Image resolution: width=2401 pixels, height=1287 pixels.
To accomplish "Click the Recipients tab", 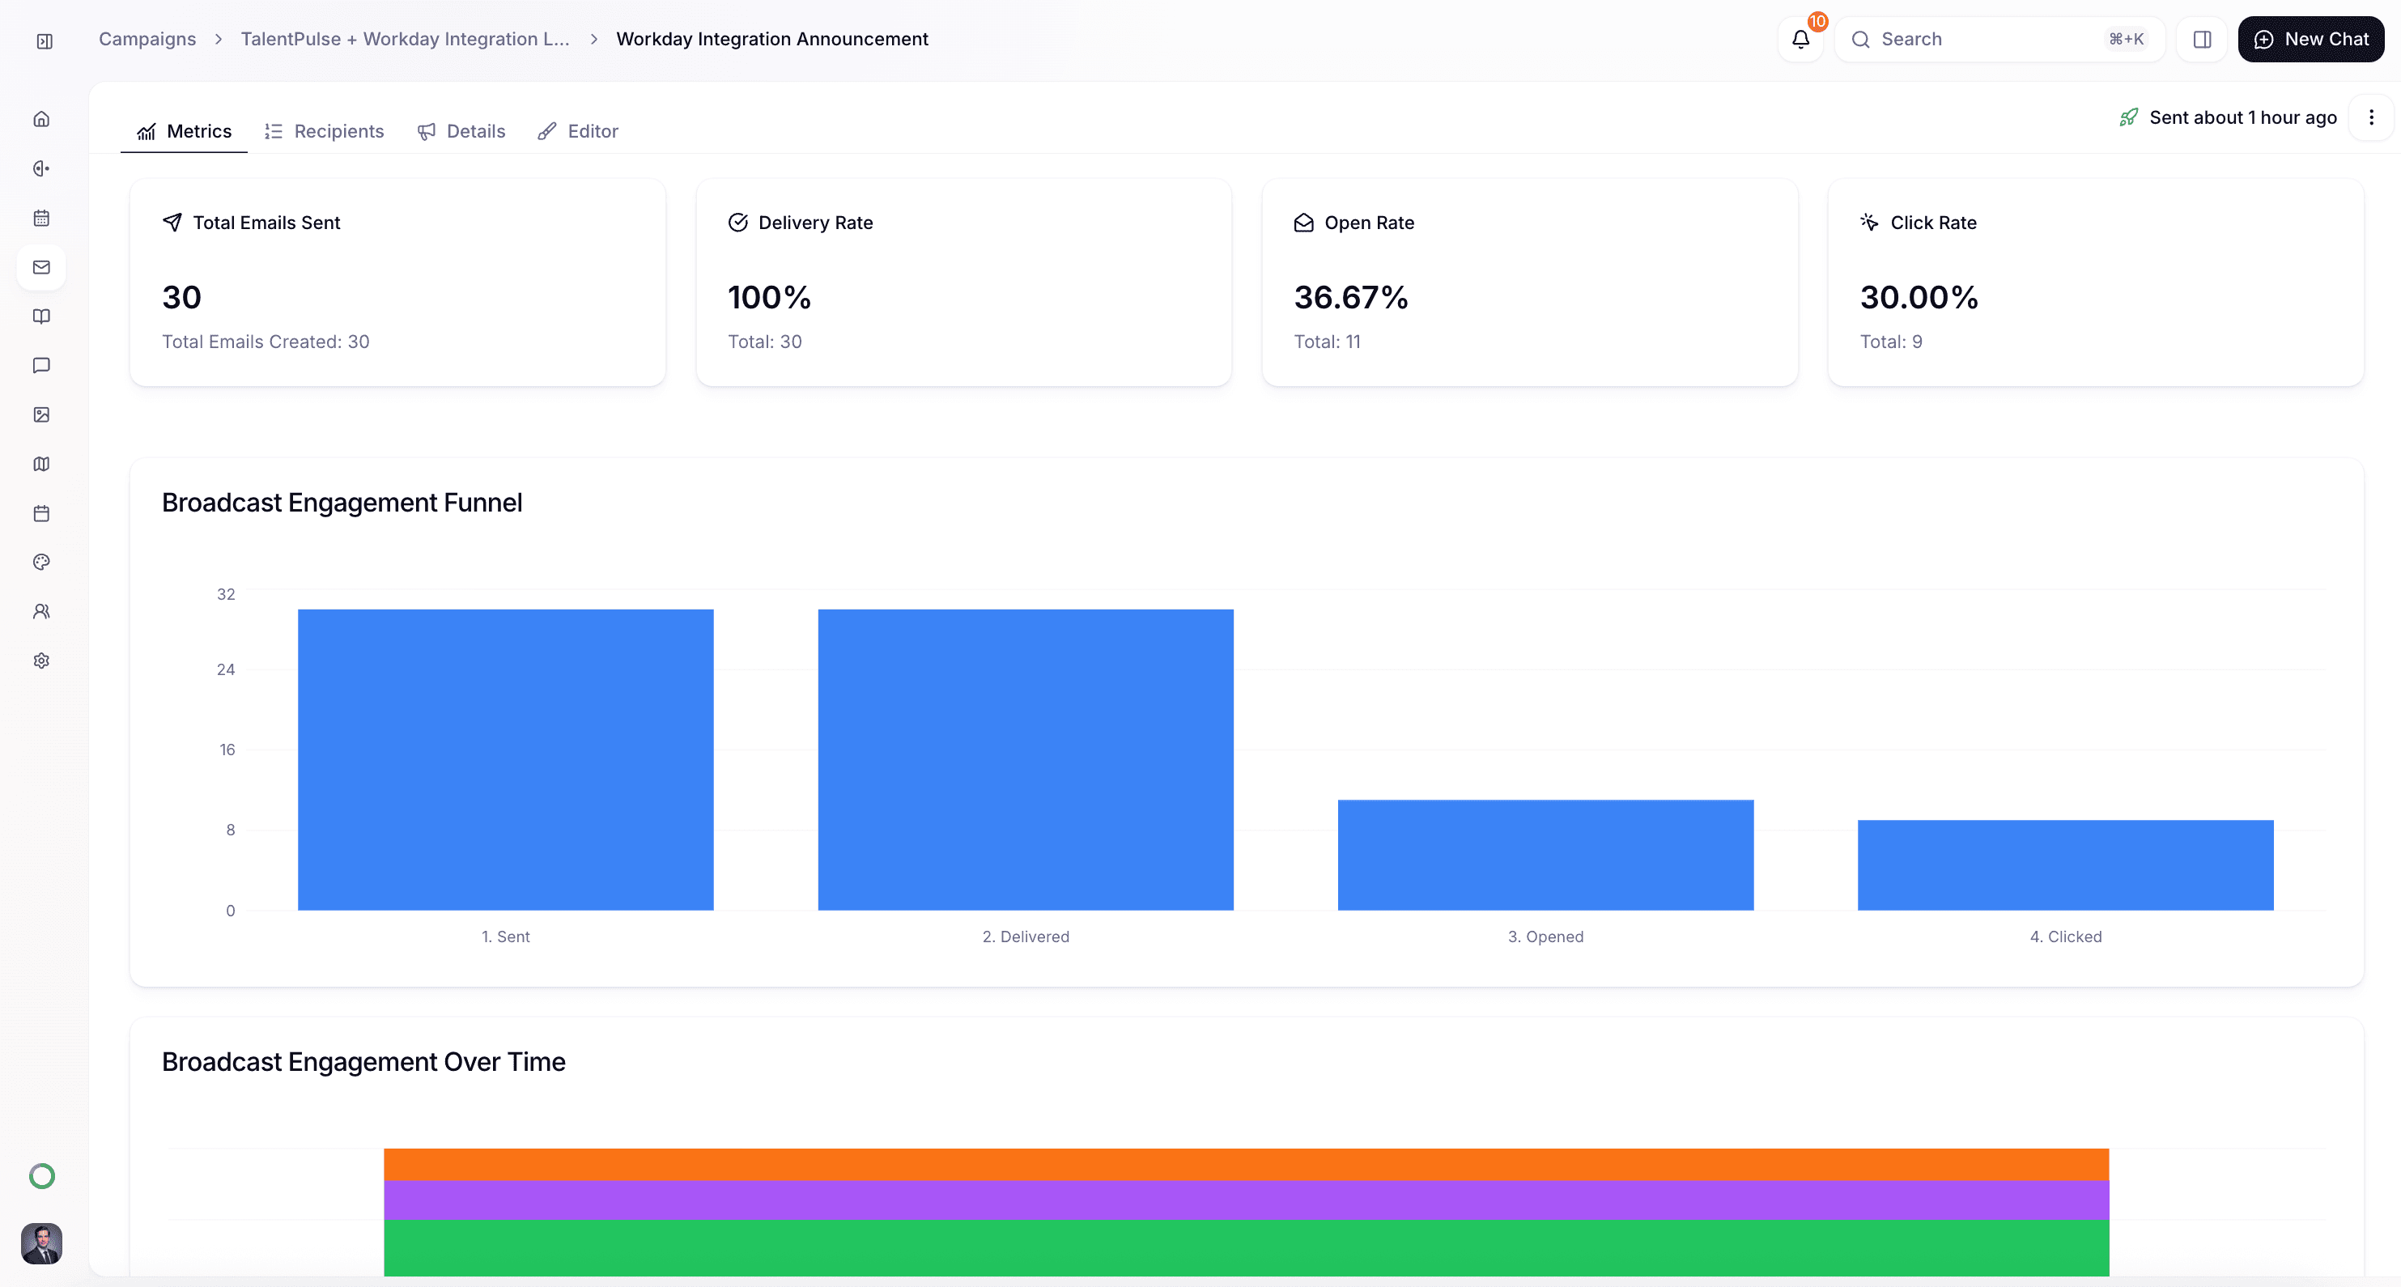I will (x=325, y=131).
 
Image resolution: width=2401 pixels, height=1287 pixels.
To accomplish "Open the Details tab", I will (x=461, y=131).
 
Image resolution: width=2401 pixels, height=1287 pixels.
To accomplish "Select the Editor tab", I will (x=578, y=131).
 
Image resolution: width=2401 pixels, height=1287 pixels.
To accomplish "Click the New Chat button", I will (x=2310, y=39).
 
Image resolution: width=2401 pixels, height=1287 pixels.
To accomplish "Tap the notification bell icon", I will (x=1800, y=39).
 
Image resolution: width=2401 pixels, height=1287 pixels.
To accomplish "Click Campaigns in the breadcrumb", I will (x=147, y=39).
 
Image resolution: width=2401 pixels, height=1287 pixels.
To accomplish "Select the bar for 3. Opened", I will (x=1545, y=855).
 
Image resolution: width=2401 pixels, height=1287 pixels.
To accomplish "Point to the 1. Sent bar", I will (x=505, y=759).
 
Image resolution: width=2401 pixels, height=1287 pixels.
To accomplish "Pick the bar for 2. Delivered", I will (x=1026, y=759).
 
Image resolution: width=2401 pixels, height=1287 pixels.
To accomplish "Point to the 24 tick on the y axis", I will (x=226, y=669).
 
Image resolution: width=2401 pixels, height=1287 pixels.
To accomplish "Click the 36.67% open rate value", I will (x=1350, y=297).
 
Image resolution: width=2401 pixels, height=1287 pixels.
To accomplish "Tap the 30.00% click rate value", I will (x=1919, y=297).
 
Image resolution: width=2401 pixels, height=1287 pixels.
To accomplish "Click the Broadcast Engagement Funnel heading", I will (x=342, y=503).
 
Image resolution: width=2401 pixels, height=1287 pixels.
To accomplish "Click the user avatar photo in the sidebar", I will (x=42, y=1243).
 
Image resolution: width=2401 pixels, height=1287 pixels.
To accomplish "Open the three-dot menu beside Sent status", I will (x=2371, y=117).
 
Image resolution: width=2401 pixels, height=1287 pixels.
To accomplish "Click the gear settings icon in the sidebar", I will (x=42, y=660).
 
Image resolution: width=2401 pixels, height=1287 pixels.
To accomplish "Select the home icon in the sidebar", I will (x=42, y=119).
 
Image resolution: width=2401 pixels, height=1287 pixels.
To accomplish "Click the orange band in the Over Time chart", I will (x=1246, y=1164).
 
